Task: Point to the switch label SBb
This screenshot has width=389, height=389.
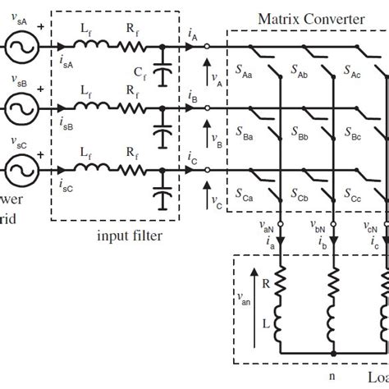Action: click(x=301, y=135)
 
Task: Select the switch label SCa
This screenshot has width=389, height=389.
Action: click(x=247, y=197)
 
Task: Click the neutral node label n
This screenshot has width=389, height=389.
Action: click(x=333, y=377)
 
